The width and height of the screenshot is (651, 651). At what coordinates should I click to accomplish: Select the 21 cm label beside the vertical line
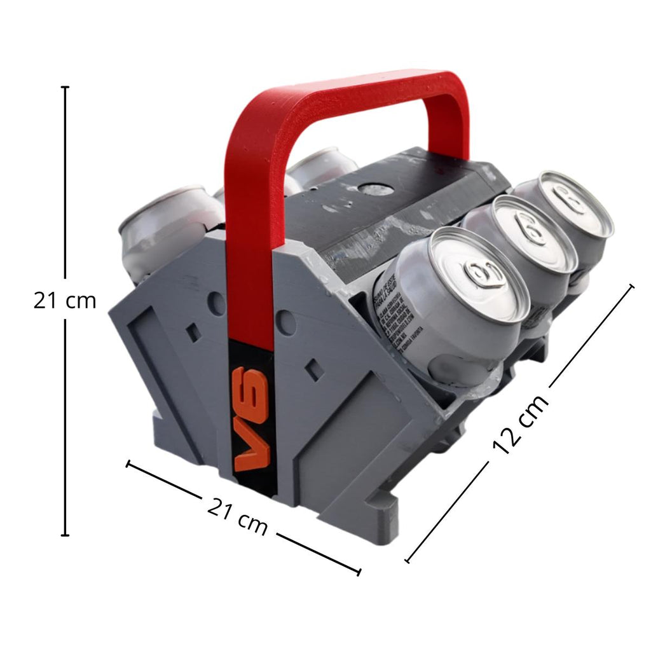(x=65, y=300)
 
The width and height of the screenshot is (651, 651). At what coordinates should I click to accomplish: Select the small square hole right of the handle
(x=312, y=368)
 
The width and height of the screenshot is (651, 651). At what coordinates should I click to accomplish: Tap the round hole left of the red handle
(x=216, y=304)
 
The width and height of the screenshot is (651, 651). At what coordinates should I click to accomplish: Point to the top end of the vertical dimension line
(x=65, y=87)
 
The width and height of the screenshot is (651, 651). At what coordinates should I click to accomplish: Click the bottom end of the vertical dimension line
(x=65, y=535)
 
